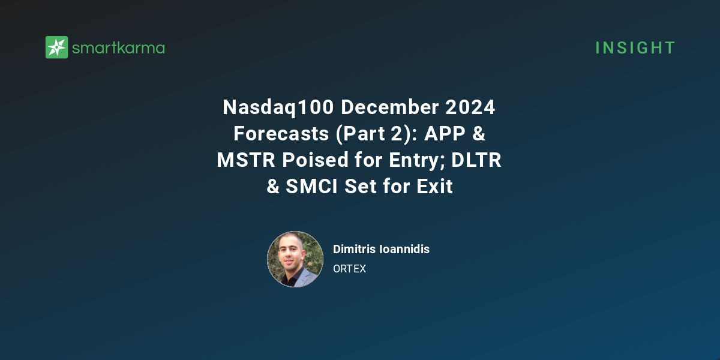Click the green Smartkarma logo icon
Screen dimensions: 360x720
57,47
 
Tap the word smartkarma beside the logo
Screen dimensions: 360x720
118,48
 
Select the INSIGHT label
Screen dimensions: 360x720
635,48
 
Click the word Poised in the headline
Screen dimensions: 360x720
310,160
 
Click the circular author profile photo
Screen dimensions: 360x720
295,259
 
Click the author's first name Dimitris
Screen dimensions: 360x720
355,249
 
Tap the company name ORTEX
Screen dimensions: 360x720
349,269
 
